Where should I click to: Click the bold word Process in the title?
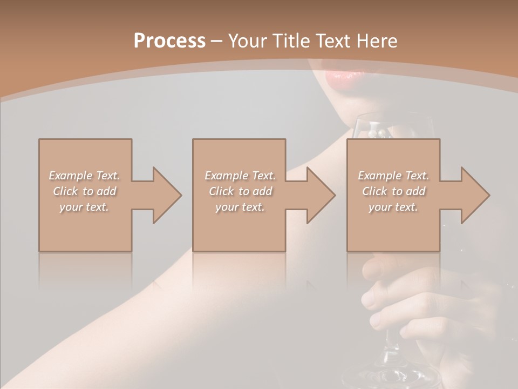pos(169,41)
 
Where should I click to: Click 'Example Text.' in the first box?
pos(85,176)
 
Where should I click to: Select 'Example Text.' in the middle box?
pos(240,176)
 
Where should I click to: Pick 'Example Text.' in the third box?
pos(393,176)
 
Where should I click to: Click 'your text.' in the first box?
pos(85,207)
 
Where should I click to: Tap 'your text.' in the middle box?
pos(240,207)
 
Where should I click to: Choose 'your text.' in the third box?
pos(393,207)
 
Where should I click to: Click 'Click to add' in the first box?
pos(85,191)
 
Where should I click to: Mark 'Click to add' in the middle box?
pos(240,191)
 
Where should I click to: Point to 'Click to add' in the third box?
pos(393,191)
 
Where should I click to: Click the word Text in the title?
pos(333,41)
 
